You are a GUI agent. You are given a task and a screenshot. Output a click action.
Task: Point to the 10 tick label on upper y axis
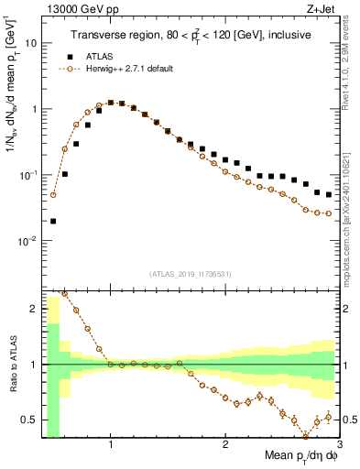click(x=30, y=43)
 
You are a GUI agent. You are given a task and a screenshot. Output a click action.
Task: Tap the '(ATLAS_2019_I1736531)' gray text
click(x=191, y=273)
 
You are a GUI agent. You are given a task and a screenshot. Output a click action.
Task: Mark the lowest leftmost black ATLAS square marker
click(x=53, y=221)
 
